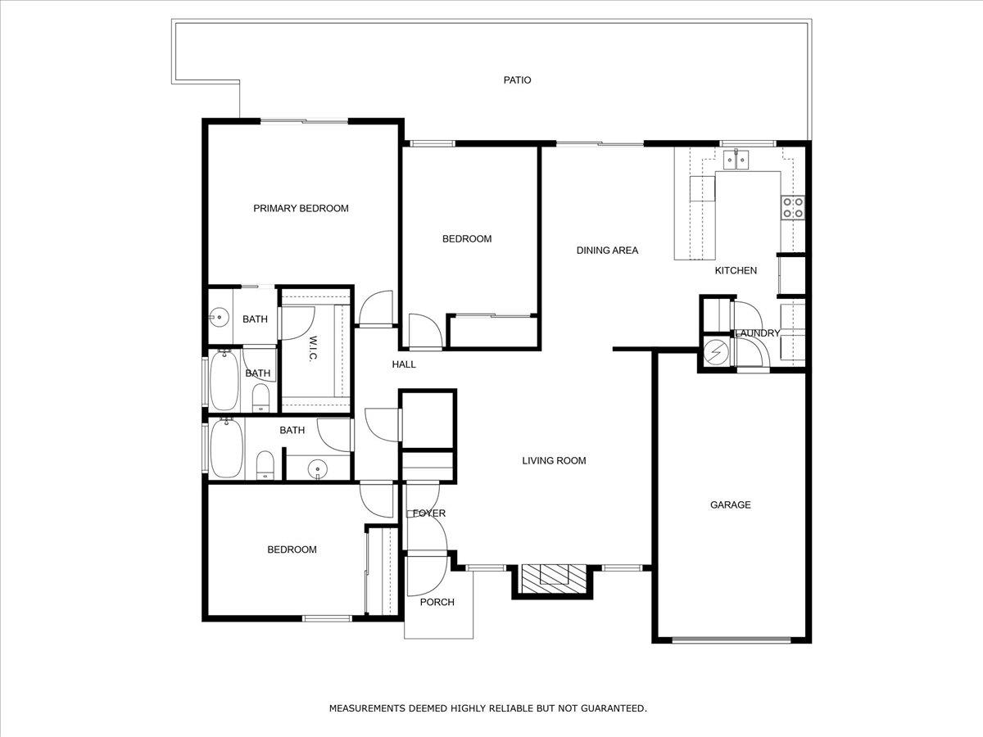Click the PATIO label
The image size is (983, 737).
(517, 80)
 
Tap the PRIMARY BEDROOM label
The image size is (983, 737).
(301, 208)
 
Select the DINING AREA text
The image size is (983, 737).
(607, 251)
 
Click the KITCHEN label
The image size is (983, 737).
(736, 270)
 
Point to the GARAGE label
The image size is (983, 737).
(730, 505)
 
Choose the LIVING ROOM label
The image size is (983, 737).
(554, 460)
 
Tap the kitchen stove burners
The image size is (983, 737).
(792, 207)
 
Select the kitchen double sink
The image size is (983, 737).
(741, 158)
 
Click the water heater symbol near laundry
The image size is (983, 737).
(715, 351)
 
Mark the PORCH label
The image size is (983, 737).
(437, 602)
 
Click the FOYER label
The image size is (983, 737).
(429, 513)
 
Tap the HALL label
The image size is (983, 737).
(404, 364)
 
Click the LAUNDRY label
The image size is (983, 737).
(757, 333)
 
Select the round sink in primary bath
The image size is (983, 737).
(219, 317)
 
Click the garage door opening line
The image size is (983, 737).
(732, 640)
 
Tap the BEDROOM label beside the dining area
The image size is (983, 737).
(467, 239)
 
